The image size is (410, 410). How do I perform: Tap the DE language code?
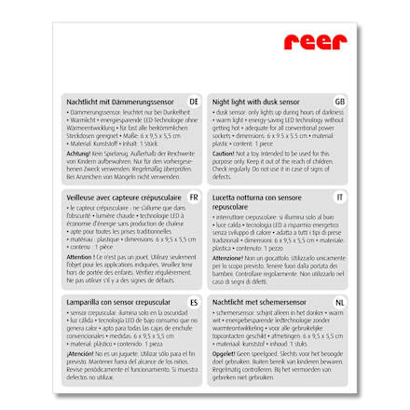point(194,100)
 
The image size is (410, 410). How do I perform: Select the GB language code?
point(339,100)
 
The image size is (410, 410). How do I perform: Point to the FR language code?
point(194,198)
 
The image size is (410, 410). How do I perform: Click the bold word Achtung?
point(76,152)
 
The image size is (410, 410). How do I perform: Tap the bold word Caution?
point(223,152)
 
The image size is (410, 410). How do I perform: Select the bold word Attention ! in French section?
point(79,254)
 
